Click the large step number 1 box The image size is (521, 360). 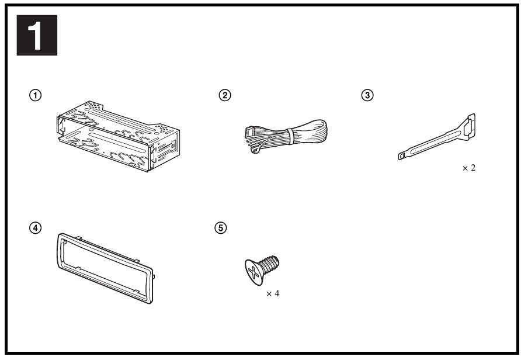click(37, 35)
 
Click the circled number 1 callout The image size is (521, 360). click(36, 95)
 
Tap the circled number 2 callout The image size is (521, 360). click(225, 95)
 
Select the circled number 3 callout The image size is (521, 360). click(367, 95)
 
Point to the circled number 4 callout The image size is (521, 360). click(36, 228)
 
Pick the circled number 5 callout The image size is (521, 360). click(221, 228)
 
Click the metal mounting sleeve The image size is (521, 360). click(118, 136)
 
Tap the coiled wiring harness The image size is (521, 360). click(286, 136)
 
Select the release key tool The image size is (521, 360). click(437, 137)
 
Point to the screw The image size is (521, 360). click(262, 270)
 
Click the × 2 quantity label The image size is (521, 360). click(469, 168)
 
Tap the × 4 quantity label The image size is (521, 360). click(273, 293)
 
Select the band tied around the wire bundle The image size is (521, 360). click(290, 136)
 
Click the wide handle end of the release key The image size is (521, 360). click(468, 126)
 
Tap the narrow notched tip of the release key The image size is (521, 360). click(402, 156)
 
